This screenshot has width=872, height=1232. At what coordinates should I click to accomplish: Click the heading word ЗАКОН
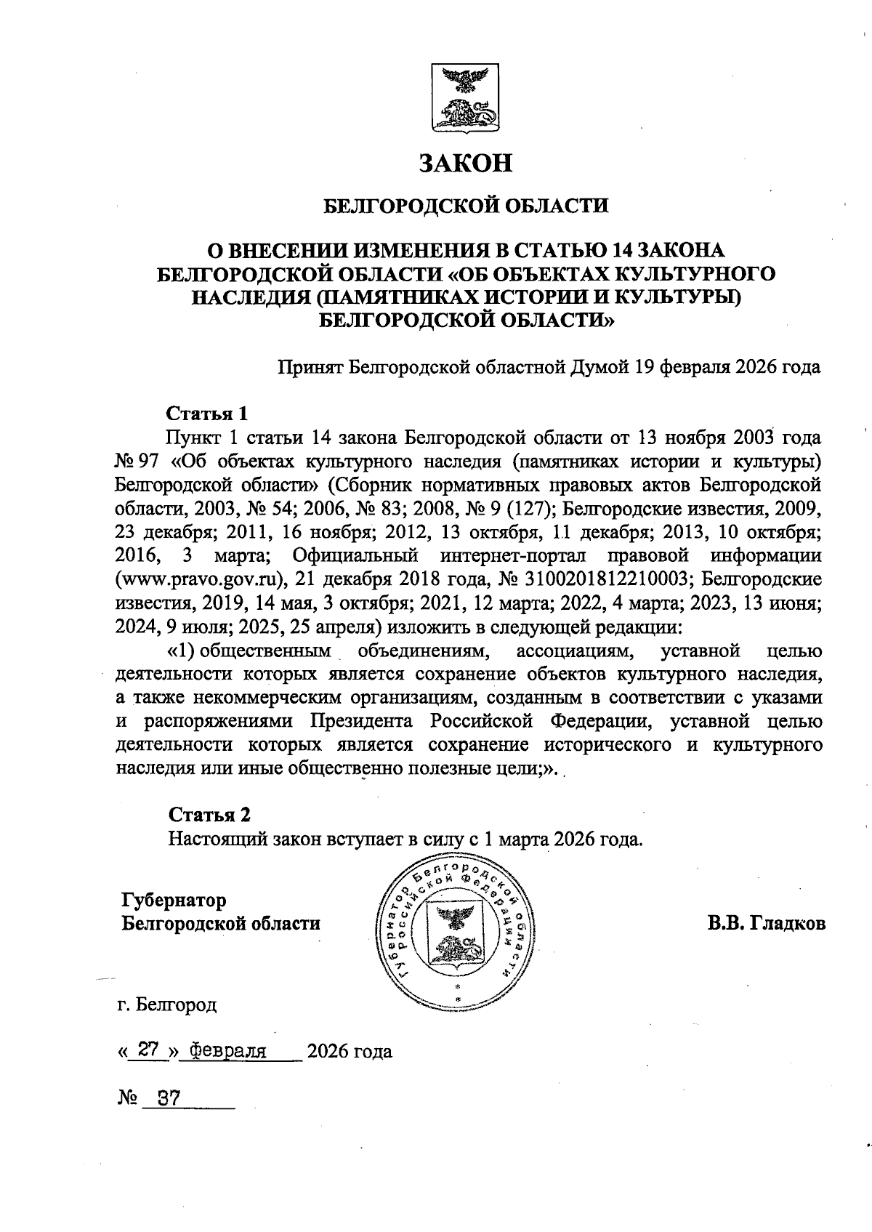pyautogui.click(x=465, y=163)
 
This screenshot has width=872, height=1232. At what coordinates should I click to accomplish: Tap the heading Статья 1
pyautogui.click(x=207, y=414)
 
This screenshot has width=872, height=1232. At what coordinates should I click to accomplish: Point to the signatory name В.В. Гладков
pyautogui.click(x=767, y=924)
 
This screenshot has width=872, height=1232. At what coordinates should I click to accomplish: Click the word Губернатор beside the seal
pyautogui.click(x=174, y=900)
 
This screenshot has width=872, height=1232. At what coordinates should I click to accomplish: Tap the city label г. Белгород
pyautogui.click(x=166, y=1005)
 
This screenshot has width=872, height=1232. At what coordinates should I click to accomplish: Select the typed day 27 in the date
pyautogui.click(x=148, y=1050)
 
